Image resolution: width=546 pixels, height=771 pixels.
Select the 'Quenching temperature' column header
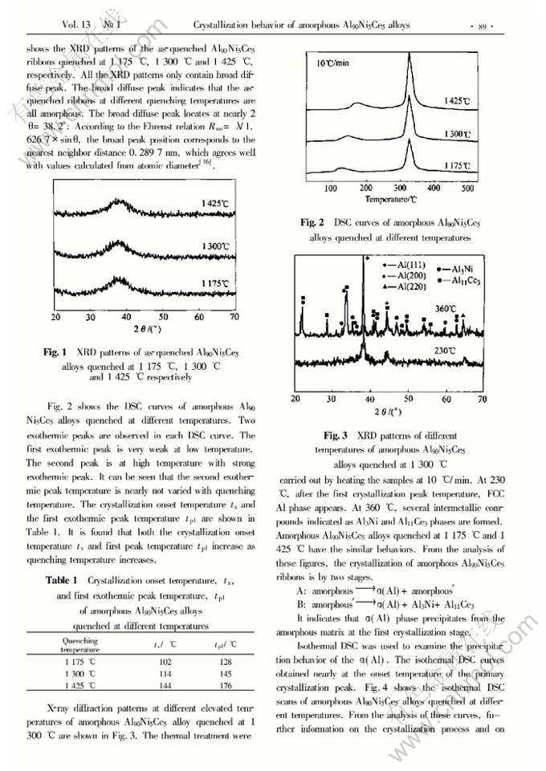coord(79,645)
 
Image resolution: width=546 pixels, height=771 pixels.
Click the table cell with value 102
coord(165,662)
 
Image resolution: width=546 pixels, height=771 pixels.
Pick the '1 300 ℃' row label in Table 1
coord(79,673)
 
